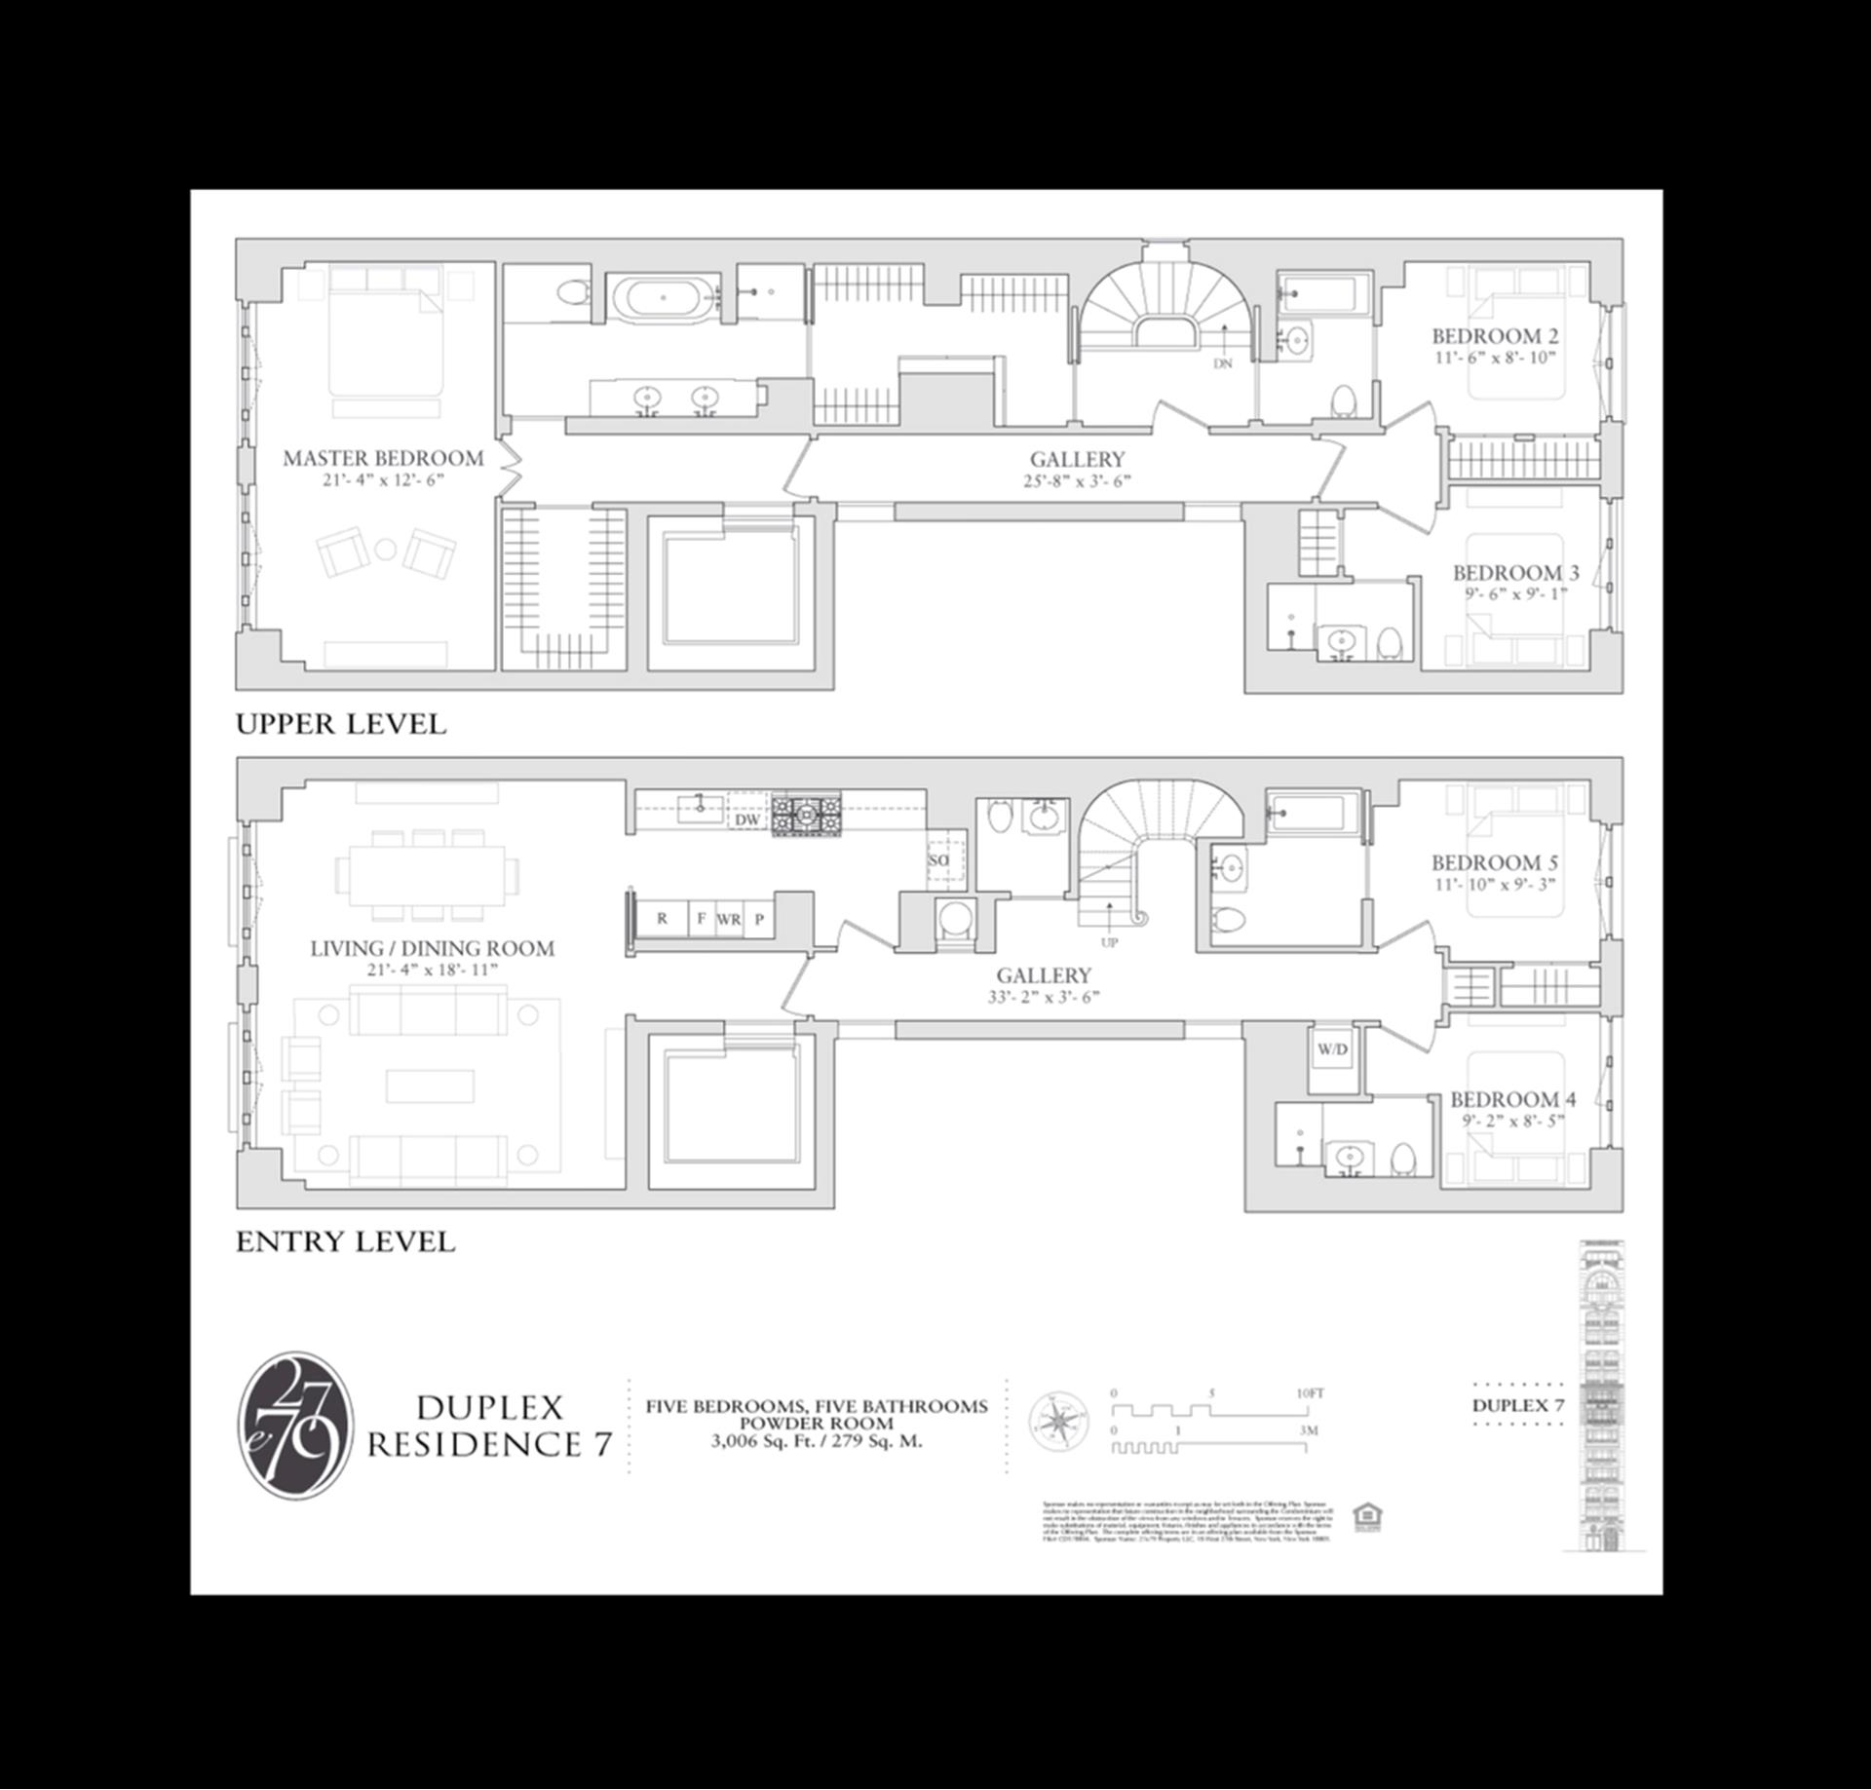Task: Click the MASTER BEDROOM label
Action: (x=383, y=458)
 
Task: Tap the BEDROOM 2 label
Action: (x=1494, y=336)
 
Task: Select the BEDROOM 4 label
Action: (x=1512, y=1099)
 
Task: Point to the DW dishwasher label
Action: (x=747, y=819)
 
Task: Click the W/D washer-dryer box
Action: (x=1332, y=1049)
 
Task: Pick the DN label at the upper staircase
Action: (x=1223, y=363)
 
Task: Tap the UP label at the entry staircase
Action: (x=1109, y=942)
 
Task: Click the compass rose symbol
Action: (x=1059, y=1422)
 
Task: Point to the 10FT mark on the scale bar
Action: (x=1310, y=1393)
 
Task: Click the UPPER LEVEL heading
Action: (x=341, y=724)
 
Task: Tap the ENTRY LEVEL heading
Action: (x=345, y=1241)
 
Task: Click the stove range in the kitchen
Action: (x=806, y=813)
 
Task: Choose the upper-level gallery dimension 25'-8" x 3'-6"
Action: (x=1077, y=480)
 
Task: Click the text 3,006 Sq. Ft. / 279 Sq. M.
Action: (x=816, y=1442)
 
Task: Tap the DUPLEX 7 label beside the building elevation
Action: (x=1517, y=1405)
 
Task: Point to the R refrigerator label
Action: (x=663, y=918)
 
